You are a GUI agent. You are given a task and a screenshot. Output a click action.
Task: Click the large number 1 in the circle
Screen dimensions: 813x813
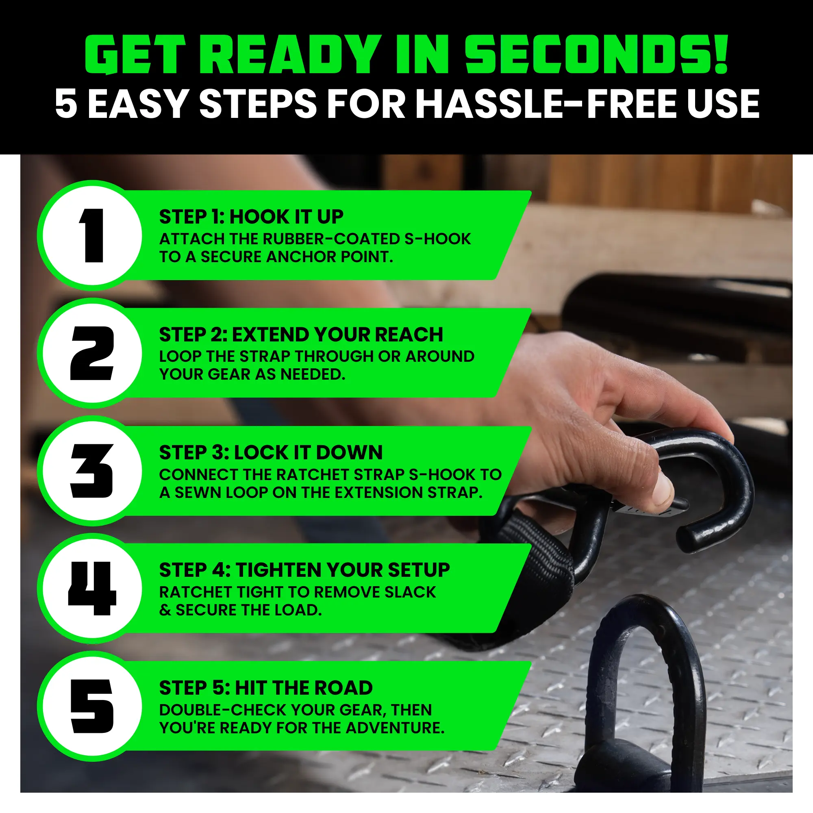tap(92, 236)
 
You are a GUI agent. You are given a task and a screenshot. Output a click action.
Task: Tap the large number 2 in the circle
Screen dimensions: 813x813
tap(92, 353)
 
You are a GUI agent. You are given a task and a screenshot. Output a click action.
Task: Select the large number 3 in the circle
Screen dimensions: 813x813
tap(92, 471)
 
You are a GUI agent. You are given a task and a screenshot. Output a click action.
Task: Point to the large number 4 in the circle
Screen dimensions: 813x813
tap(92, 588)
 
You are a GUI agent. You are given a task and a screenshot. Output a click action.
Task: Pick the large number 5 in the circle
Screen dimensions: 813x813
tap(92, 706)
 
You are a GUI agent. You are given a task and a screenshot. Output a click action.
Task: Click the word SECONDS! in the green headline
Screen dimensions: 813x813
tap(596, 55)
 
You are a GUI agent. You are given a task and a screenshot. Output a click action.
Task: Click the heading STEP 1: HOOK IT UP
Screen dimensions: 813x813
tap(251, 217)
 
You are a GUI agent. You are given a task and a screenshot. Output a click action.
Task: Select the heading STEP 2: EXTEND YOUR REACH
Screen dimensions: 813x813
tap(301, 335)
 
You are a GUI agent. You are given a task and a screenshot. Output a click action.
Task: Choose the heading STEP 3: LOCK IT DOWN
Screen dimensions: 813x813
tap(271, 452)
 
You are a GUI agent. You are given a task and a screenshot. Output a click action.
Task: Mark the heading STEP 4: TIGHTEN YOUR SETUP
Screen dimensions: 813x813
tap(304, 570)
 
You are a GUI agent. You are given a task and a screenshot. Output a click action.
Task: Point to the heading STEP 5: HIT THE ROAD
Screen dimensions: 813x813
tap(266, 688)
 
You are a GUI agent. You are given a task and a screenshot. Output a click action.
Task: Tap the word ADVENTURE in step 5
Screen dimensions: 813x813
tap(395, 728)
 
